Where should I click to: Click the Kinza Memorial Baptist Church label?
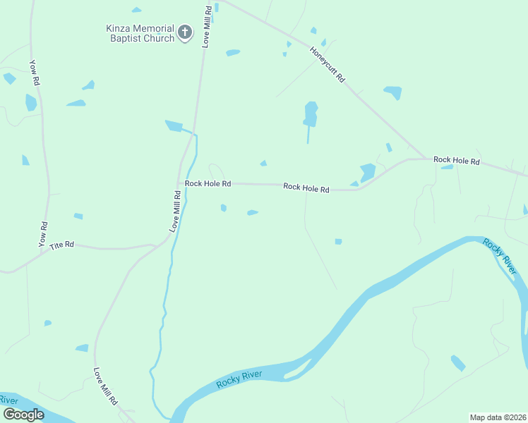(140, 33)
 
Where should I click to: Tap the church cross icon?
(185, 32)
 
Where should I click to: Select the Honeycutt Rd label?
(328, 65)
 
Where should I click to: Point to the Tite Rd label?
(61, 245)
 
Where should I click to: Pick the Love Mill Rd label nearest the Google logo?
(105, 386)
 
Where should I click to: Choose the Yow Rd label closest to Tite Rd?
(43, 234)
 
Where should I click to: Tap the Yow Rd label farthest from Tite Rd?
(33, 72)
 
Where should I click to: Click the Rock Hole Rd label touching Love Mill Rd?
(208, 183)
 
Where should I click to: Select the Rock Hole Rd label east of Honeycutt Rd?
(456, 161)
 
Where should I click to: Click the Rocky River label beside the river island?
(239, 379)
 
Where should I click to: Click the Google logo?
(23, 415)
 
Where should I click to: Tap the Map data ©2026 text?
(498, 417)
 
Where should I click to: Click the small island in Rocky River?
(298, 369)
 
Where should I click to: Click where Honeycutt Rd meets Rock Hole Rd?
(424, 159)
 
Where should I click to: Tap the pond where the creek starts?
(174, 125)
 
